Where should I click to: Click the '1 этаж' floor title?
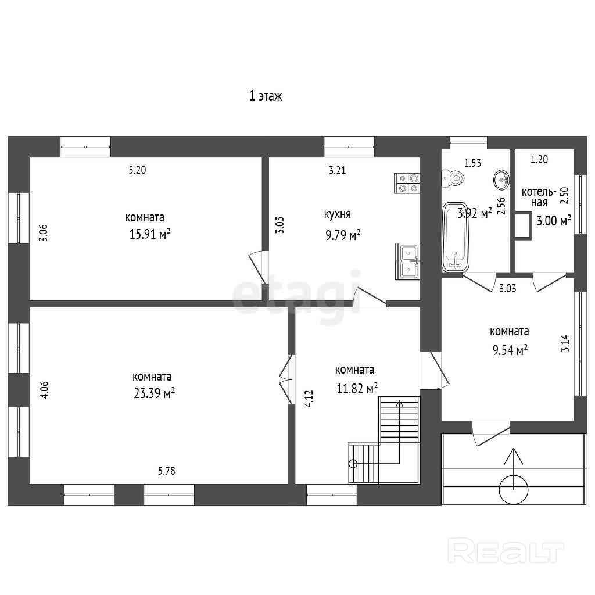click(x=266, y=96)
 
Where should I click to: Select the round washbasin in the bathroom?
click(x=501, y=180)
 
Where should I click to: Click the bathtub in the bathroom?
click(x=456, y=237)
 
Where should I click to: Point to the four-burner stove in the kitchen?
click(x=407, y=183)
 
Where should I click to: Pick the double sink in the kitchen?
click(x=407, y=261)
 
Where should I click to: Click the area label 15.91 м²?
click(x=150, y=234)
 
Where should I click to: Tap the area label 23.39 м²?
click(x=154, y=393)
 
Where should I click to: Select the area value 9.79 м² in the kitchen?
click(x=343, y=235)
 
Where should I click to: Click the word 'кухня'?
click(x=338, y=214)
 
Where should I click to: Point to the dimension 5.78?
click(x=167, y=471)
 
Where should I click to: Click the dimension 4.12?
click(x=309, y=399)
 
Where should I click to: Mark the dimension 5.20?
click(x=137, y=170)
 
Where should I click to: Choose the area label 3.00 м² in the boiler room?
click(x=554, y=220)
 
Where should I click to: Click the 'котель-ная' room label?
click(x=539, y=197)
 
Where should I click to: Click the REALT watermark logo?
click(x=506, y=550)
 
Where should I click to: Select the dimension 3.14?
click(x=565, y=343)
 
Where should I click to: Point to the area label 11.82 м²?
click(x=357, y=389)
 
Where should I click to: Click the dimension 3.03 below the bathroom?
click(x=508, y=288)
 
